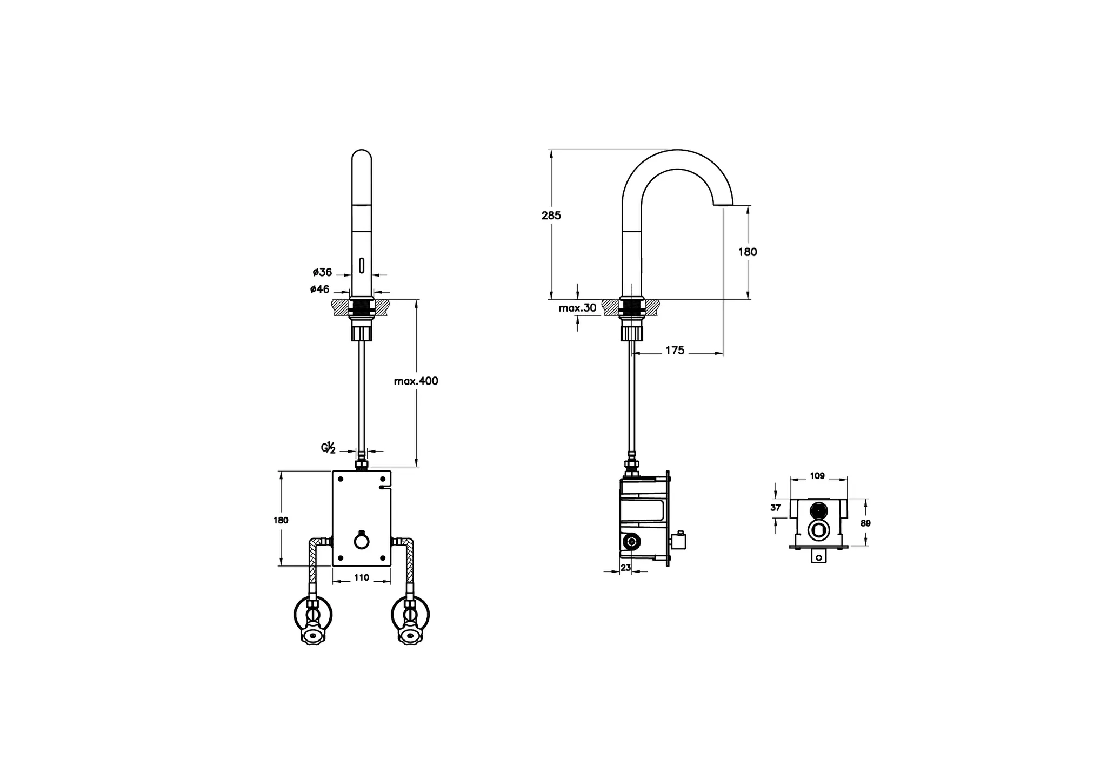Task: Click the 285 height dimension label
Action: (551, 216)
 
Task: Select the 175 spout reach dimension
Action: (674, 351)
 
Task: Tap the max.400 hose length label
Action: (416, 381)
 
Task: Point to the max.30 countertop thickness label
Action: (577, 308)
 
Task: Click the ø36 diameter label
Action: (322, 272)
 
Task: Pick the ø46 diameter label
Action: (320, 289)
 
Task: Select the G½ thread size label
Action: (329, 448)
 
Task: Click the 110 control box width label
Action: (361, 578)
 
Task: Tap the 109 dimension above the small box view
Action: (817, 476)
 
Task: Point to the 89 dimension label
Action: (865, 523)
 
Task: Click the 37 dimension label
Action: (776, 508)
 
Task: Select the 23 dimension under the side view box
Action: (625, 568)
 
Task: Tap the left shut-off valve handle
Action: (312, 636)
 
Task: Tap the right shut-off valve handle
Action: (410, 636)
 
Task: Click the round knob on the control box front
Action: (362, 540)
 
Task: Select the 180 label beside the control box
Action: (281, 521)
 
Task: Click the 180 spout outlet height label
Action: (748, 252)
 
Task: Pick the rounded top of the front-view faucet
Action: (362, 154)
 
